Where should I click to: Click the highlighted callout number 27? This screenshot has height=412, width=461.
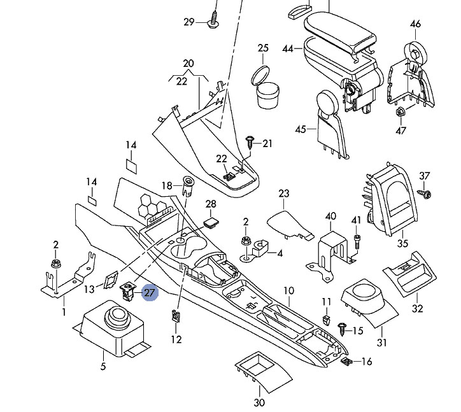pyautogui.click(x=150, y=293)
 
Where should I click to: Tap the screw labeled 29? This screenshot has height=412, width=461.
pyautogui.click(x=213, y=20)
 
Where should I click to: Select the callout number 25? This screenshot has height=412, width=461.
pyautogui.click(x=263, y=48)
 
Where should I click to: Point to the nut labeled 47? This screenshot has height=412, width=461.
pyautogui.click(x=400, y=111)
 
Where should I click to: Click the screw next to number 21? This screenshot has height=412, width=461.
pyautogui.click(x=250, y=142)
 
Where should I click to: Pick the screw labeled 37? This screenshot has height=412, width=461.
pyautogui.click(x=424, y=193)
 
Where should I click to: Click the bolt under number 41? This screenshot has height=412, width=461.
pyautogui.click(x=357, y=241)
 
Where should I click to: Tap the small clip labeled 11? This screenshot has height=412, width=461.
pyautogui.click(x=326, y=319)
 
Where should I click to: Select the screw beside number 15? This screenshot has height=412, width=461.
pyautogui.click(x=342, y=329)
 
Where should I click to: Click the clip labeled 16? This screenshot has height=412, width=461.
pyautogui.click(x=346, y=361)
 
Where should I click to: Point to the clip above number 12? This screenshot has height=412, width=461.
pyautogui.click(x=175, y=315)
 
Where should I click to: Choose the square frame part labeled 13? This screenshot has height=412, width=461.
pyautogui.click(x=111, y=279)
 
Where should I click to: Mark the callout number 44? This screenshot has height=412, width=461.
pyautogui.click(x=288, y=48)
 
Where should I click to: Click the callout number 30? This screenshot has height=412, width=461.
pyautogui.click(x=259, y=402)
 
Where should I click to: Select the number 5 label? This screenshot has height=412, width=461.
pyautogui.click(x=103, y=366)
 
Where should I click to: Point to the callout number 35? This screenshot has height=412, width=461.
pyautogui.click(x=402, y=243)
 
